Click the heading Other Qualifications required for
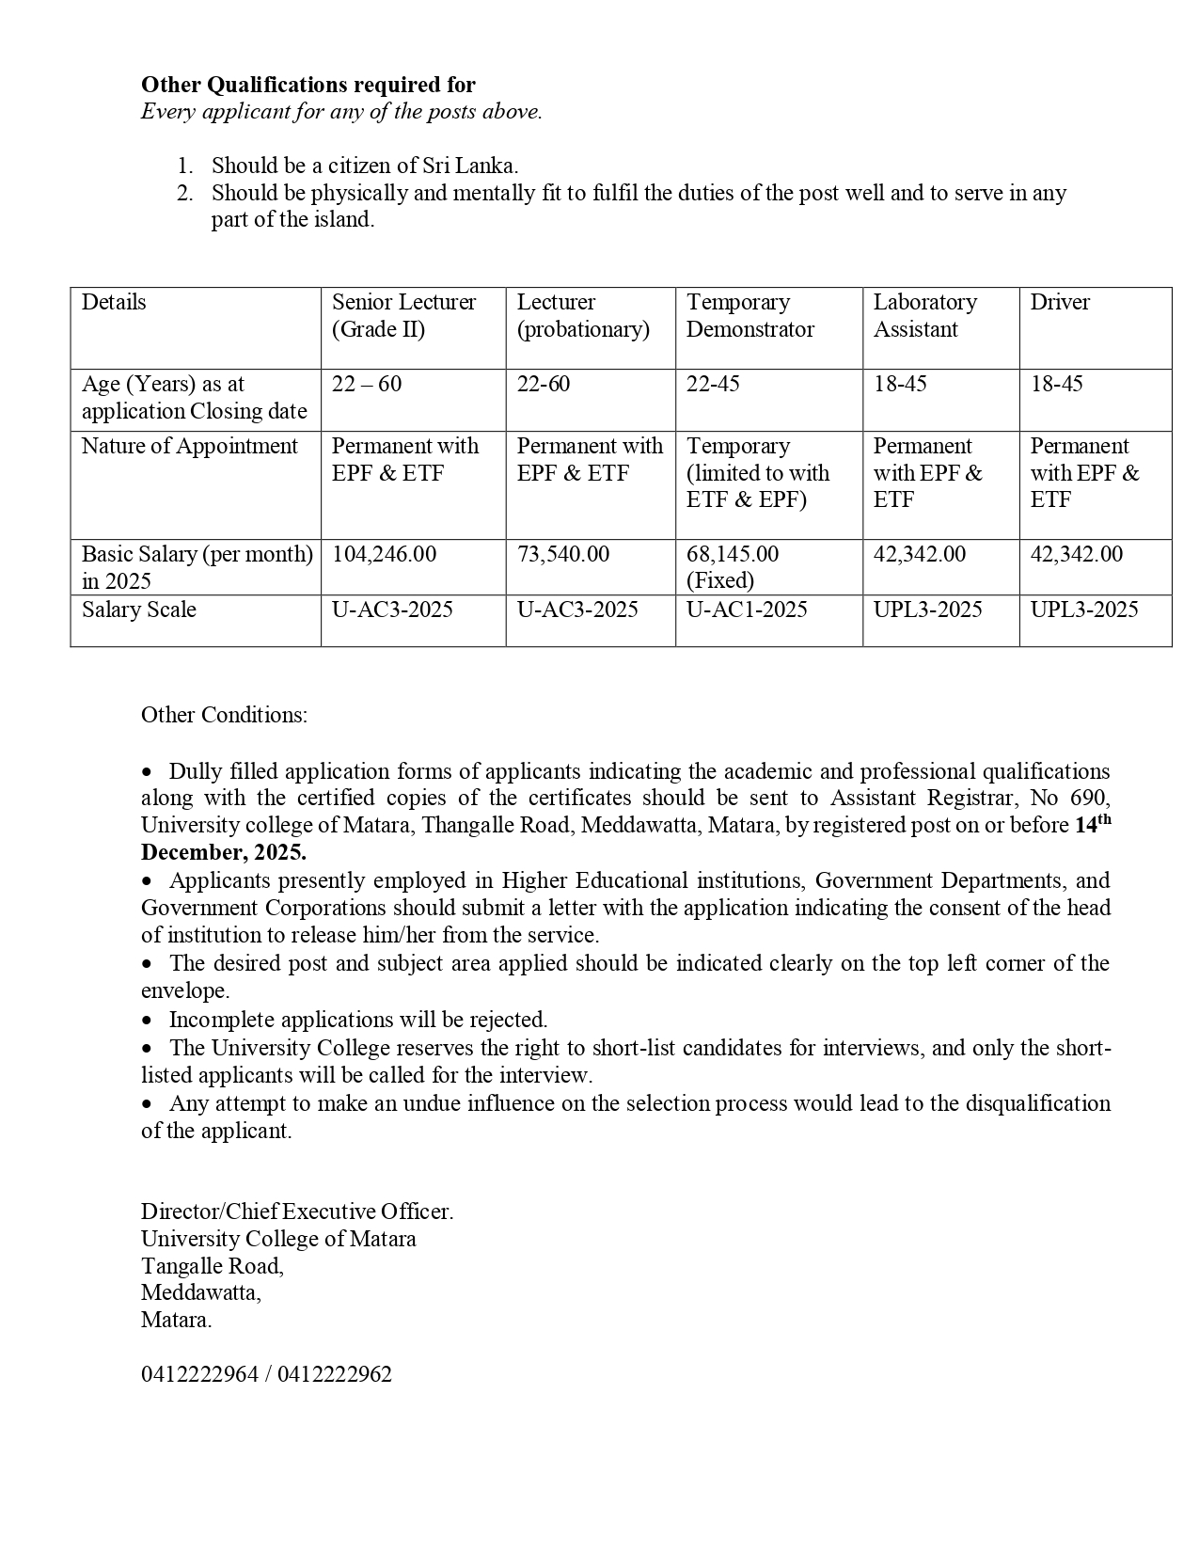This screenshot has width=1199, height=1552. click(x=308, y=85)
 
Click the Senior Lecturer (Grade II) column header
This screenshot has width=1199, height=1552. click(x=403, y=316)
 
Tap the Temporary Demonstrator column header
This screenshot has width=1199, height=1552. click(x=749, y=316)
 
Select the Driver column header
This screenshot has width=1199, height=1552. click(x=1060, y=302)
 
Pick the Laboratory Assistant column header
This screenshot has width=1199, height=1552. click(x=924, y=316)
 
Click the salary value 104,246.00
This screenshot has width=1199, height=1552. click(x=384, y=554)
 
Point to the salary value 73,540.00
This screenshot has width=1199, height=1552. click(x=562, y=554)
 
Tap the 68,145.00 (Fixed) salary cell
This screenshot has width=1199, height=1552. click(x=733, y=566)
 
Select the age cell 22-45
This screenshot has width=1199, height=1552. click(x=712, y=384)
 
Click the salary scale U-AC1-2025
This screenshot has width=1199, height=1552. click(x=746, y=610)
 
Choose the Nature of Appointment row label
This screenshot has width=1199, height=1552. click(x=189, y=446)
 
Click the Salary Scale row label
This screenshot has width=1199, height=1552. click(x=139, y=610)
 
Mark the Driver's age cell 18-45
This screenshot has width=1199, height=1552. click(x=1056, y=384)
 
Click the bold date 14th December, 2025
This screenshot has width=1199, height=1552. click(x=223, y=852)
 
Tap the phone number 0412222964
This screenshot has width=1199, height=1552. click(x=199, y=1374)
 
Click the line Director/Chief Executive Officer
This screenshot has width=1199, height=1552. click(x=297, y=1212)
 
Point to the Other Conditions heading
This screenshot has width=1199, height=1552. click(x=224, y=715)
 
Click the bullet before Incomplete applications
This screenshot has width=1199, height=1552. click(x=147, y=1021)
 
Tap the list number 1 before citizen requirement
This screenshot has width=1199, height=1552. click(x=184, y=166)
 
